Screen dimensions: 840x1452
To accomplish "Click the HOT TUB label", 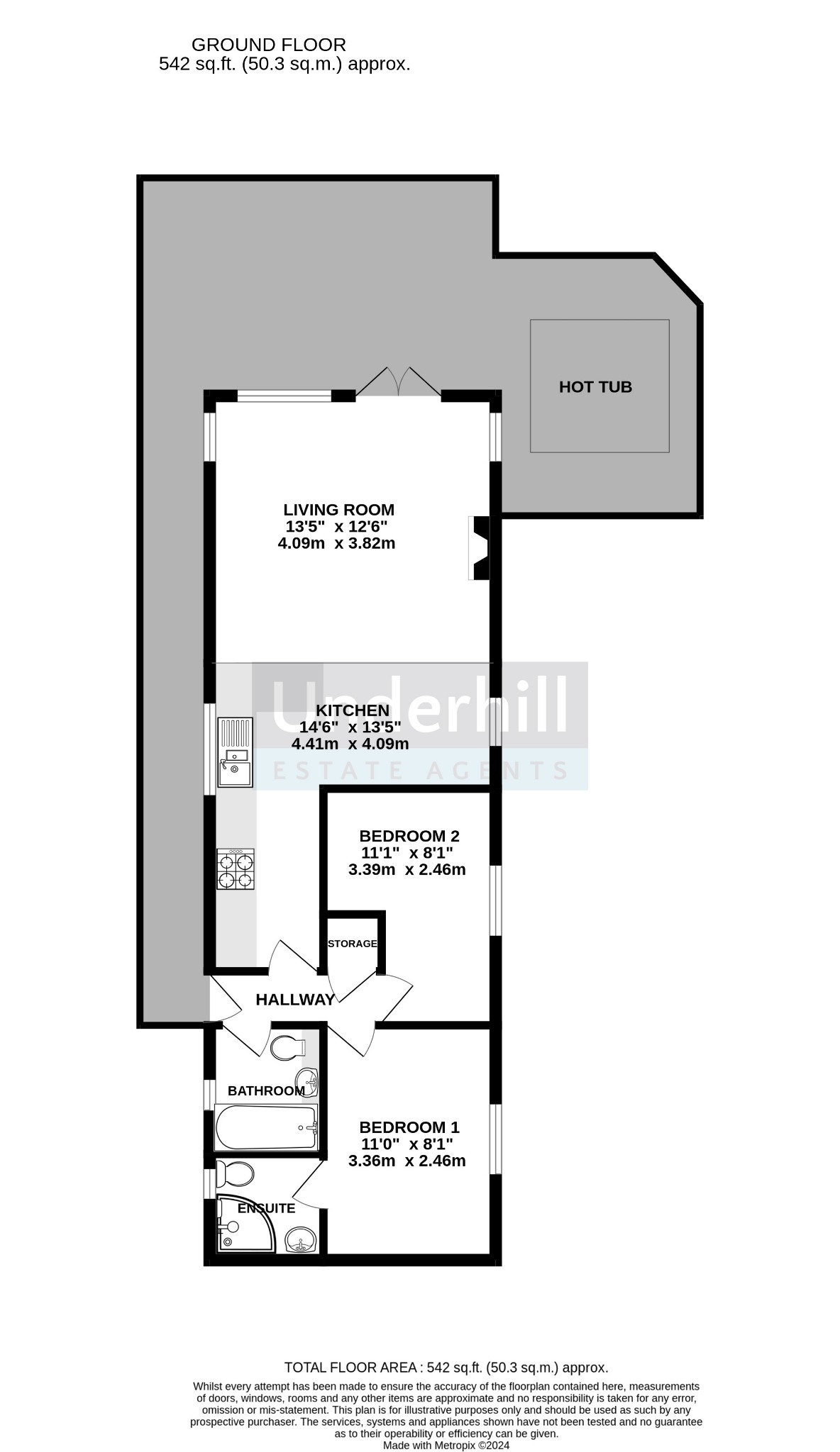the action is (x=595, y=387).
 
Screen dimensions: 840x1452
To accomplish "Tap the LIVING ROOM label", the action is (x=338, y=510).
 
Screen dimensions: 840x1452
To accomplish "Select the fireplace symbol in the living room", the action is (x=480, y=548).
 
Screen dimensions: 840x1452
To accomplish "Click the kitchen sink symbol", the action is (x=235, y=752).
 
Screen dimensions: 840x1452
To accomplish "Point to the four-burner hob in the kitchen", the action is (x=236, y=869).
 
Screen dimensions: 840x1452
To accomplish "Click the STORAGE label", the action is (x=352, y=944).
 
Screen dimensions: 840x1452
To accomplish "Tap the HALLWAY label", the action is (x=295, y=1000).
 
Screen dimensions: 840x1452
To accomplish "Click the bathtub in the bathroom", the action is (x=266, y=1127).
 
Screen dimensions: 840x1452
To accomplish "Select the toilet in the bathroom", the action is (x=288, y=1047).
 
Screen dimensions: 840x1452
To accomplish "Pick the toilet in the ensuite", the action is (x=235, y=1174).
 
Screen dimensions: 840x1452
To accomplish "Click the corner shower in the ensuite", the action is (x=245, y=1223).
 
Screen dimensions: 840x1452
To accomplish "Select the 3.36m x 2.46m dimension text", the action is (x=407, y=1161).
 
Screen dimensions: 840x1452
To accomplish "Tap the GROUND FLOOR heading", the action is (x=269, y=45).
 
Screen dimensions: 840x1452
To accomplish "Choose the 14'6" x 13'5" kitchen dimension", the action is (x=350, y=727).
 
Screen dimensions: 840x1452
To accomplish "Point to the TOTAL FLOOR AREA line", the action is (x=446, y=1368).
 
